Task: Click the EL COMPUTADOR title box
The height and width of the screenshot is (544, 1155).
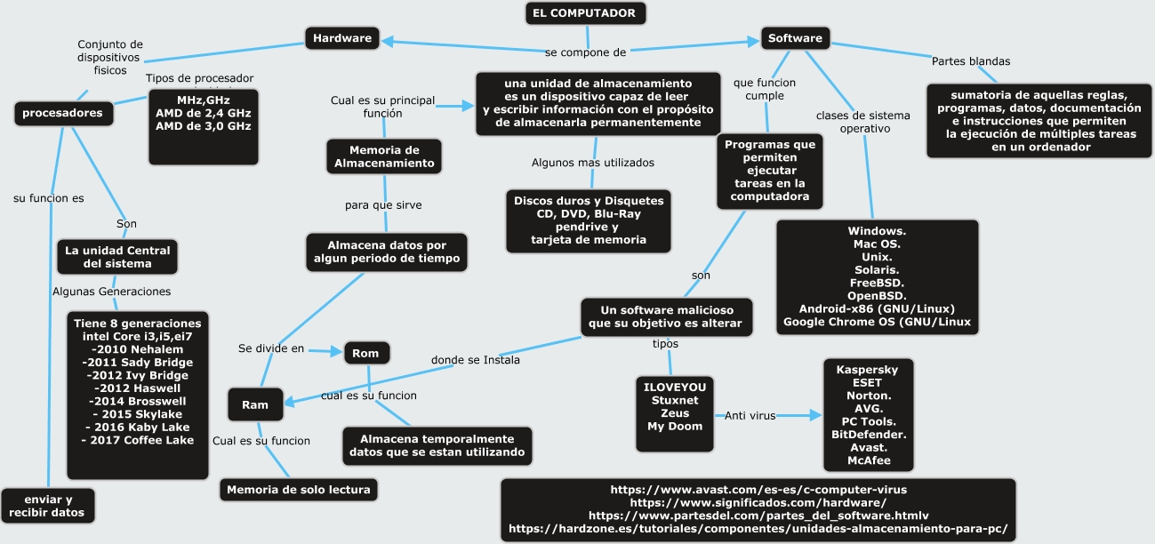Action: click(x=584, y=13)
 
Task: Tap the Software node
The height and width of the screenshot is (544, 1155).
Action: click(x=795, y=38)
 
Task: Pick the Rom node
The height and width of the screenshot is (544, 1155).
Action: click(x=365, y=353)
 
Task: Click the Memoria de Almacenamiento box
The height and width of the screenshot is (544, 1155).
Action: click(x=384, y=156)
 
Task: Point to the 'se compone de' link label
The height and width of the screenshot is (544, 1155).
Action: click(x=586, y=52)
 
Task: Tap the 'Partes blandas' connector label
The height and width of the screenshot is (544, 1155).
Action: click(x=970, y=61)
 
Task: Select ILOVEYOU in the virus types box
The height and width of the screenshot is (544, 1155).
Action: click(x=675, y=388)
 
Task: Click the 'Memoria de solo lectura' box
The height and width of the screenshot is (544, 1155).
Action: click(x=299, y=489)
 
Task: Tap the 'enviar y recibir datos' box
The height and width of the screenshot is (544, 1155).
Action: click(x=47, y=506)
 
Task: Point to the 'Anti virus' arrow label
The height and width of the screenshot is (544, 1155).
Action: click(x=750, y=415)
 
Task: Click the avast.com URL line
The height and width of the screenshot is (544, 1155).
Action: click(x=758, y=490)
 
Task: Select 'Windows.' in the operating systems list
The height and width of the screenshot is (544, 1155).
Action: click(x=877, y=231)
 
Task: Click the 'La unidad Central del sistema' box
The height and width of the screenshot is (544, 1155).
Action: click(x=117, y=257)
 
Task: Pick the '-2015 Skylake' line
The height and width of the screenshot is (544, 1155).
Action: click(x=137, y=414)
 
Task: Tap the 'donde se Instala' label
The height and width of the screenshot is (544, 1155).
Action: click(x=476, y=360)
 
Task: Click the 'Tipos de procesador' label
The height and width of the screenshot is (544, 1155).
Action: click(x=199, y=78)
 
